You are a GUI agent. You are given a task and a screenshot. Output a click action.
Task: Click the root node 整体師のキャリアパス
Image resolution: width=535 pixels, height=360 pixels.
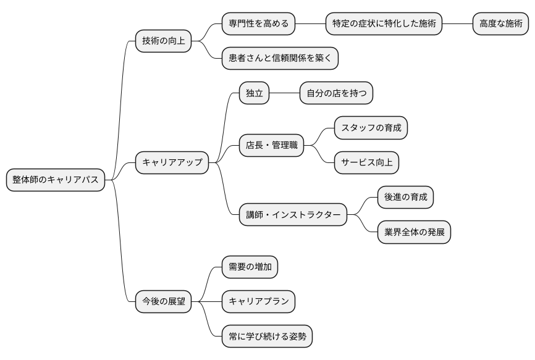56,180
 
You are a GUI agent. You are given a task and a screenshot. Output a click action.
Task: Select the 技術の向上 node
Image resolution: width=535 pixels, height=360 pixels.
163,41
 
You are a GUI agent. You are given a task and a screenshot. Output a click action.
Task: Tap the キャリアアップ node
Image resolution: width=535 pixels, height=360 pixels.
172,162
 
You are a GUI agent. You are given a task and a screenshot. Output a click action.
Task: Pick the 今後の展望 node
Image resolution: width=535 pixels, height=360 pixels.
163,301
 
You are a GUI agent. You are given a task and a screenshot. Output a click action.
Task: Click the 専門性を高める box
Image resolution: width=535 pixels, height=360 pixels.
258,24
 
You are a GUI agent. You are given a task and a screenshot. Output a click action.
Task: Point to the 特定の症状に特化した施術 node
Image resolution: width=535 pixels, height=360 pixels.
384,24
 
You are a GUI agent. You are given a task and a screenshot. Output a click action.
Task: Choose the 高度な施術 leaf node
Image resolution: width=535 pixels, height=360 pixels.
500,24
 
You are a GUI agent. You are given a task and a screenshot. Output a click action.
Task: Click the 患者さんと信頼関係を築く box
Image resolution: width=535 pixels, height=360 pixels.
280,59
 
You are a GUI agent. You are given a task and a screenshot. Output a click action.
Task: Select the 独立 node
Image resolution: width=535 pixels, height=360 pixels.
255,93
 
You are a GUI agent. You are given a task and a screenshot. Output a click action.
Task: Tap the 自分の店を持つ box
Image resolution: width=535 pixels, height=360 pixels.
336,93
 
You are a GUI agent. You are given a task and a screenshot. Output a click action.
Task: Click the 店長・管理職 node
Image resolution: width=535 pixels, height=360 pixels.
272,145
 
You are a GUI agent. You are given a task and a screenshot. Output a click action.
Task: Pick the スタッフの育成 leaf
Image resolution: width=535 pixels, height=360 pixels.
371,128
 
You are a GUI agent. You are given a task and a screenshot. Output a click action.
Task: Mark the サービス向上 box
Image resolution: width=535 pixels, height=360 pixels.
366,162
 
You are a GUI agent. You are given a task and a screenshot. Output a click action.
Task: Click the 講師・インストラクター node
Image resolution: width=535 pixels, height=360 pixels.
293,215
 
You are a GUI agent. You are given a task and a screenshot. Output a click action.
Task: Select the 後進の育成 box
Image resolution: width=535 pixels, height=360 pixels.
405,198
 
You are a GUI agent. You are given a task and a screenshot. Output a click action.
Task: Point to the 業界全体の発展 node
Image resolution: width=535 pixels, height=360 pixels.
414,232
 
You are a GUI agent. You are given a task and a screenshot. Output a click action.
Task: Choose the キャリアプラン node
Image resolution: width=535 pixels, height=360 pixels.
258,301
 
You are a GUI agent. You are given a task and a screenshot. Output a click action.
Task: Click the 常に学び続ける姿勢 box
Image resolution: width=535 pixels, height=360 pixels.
267,337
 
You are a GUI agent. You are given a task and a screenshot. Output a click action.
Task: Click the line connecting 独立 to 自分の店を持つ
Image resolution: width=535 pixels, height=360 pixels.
284,93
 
